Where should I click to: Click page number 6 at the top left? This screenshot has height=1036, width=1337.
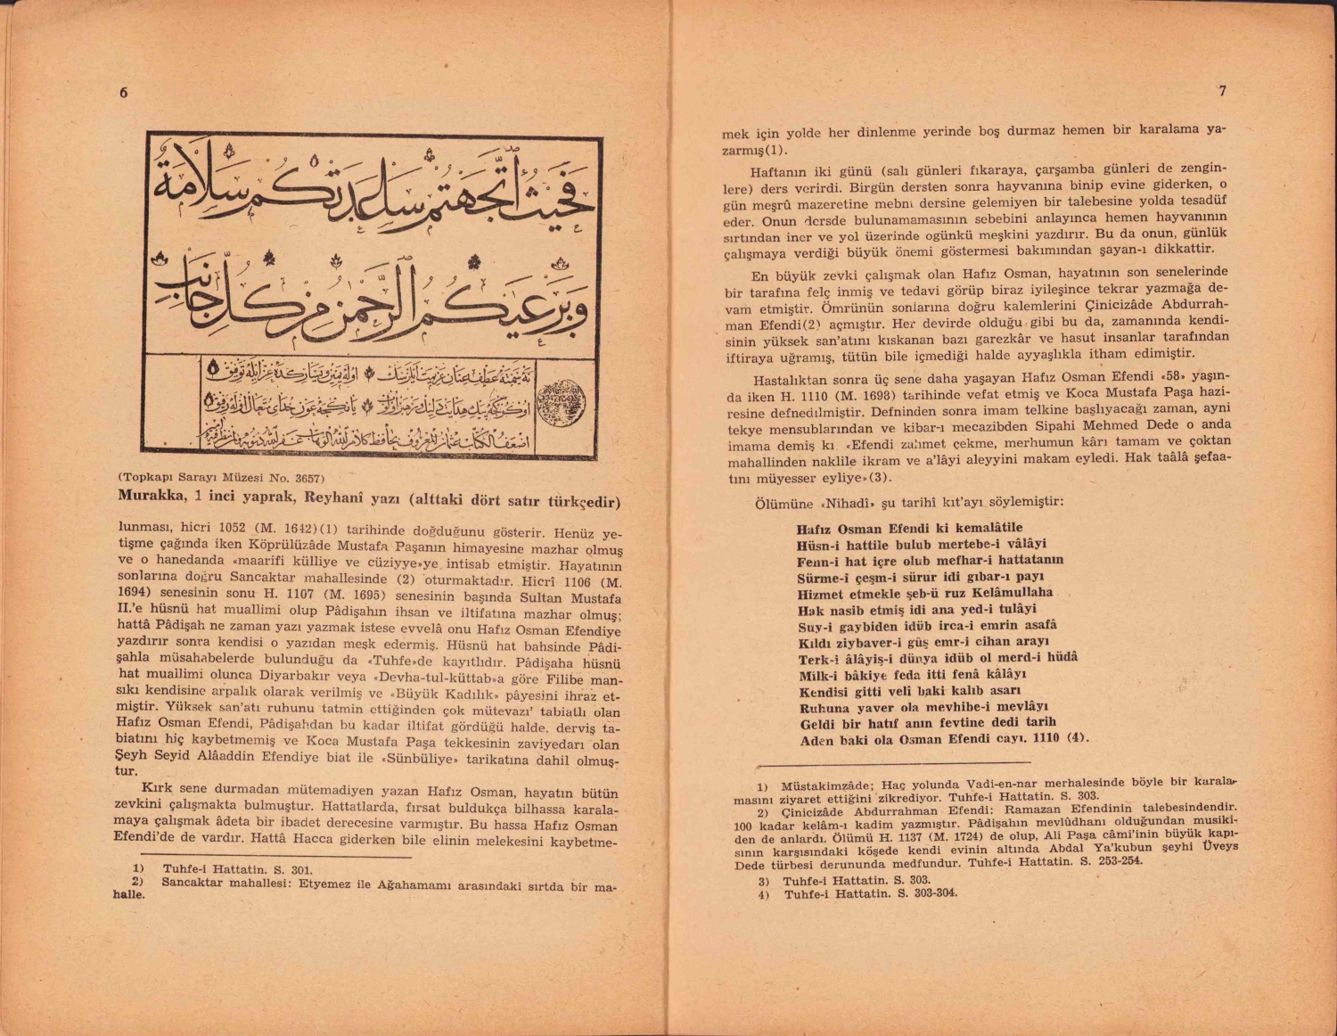pyautogui.click(x=124, y=94)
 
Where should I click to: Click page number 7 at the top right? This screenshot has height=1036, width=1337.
pyautogui.click(x=1222, y=91)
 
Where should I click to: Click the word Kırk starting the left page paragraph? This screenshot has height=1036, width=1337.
pyautogui.click(x=157, y=789)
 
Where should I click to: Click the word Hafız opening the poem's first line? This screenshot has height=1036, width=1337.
pyautogui.click(x=815, y=528)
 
